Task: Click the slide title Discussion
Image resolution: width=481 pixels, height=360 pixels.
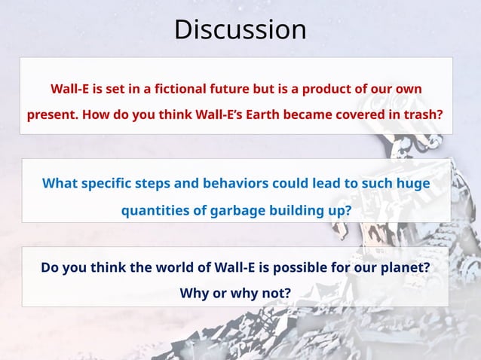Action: (240, 29)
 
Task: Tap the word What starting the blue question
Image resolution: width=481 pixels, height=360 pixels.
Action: (60, 183)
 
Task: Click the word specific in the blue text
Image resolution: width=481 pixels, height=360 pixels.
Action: (109, 183)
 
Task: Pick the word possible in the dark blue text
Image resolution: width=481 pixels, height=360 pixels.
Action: (317, 267)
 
